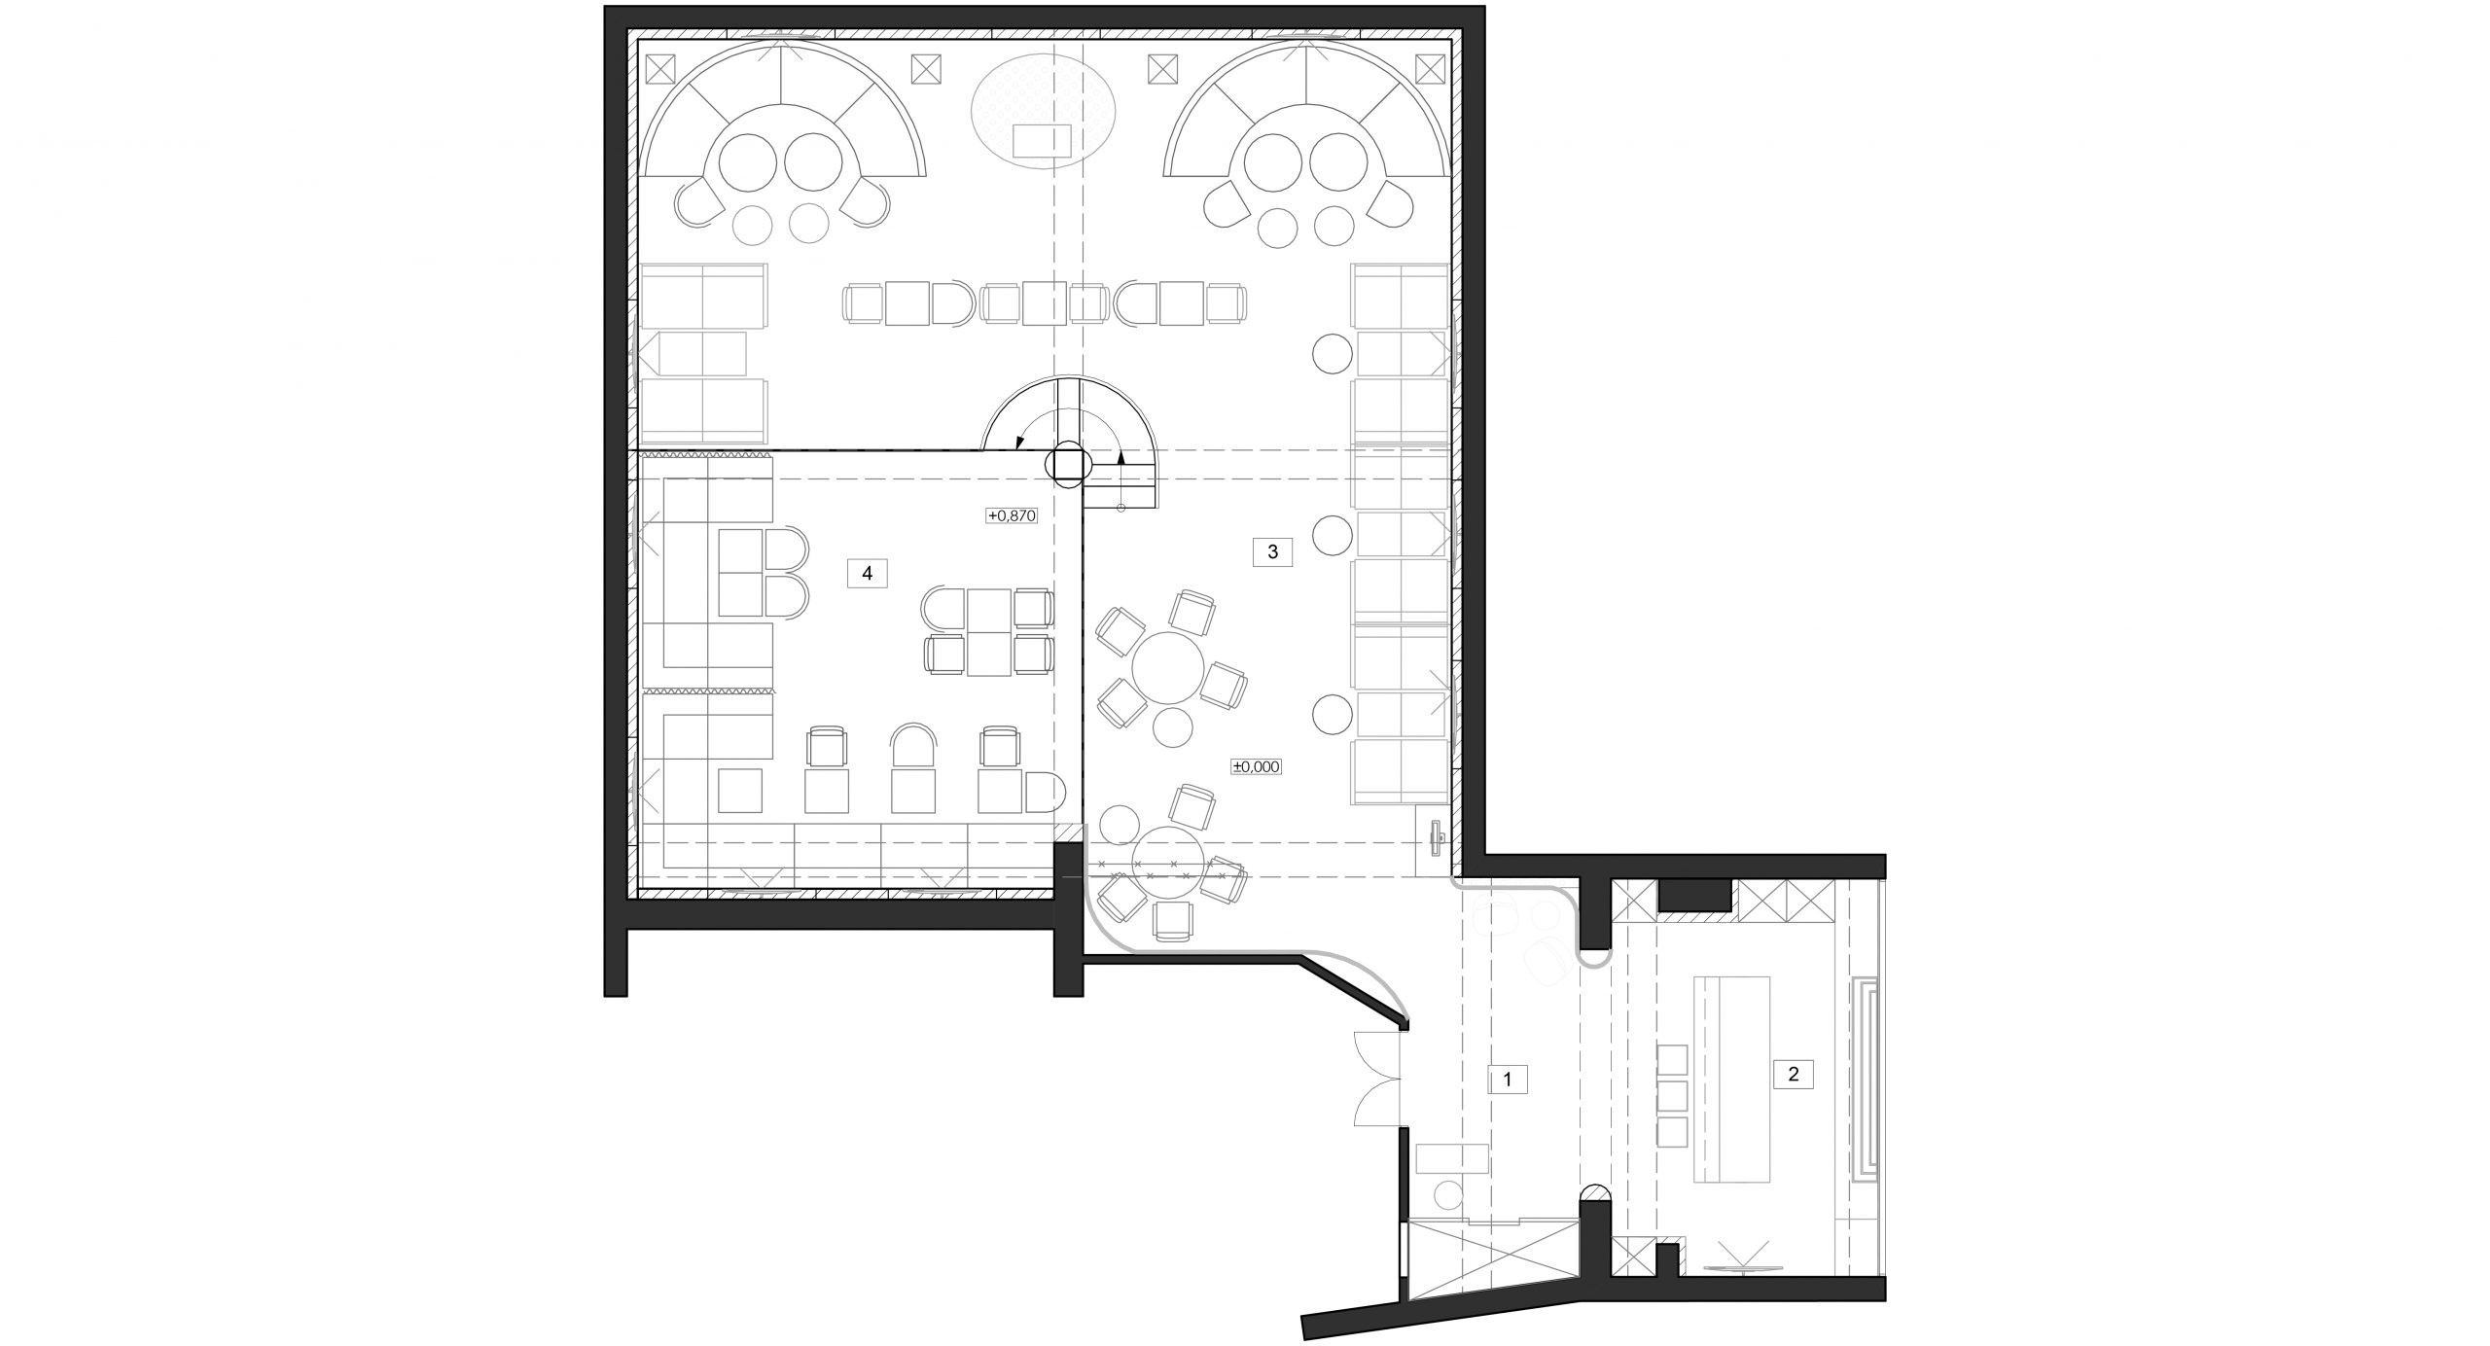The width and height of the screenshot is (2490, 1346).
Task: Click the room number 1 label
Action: [x=1508, y=1079]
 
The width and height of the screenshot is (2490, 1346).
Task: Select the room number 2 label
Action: [x=1794, y=1074]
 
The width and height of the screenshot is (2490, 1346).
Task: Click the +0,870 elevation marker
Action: [x=1012, y=516]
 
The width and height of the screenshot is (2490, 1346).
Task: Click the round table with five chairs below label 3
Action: [x=1171, y=667]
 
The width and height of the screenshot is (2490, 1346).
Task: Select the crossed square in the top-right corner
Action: [x=1431, y=68]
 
